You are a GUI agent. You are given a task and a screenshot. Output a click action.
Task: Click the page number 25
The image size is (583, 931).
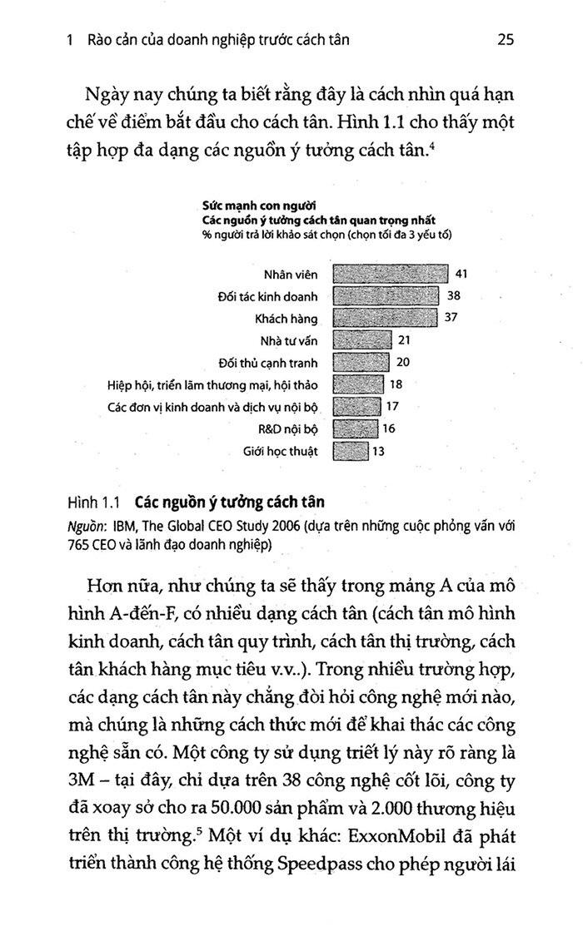(x=506, y=39)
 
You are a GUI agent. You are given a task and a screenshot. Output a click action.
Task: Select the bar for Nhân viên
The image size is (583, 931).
(x=390, y=274)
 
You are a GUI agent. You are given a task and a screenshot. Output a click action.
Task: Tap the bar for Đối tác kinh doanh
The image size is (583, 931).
(x=386, y=295)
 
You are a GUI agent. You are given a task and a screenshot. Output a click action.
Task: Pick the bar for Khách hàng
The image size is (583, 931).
(x=384, y=317)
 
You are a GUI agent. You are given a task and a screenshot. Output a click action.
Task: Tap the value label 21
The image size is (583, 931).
(x=405, y=339)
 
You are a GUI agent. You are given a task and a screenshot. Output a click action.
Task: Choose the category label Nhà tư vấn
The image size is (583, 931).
(x=289, y=339)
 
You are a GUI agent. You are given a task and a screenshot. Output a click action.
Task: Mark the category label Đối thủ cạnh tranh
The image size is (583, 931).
(x=277, y=362)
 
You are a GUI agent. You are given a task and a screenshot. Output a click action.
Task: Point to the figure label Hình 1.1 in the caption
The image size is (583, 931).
(x=93, y=503)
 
